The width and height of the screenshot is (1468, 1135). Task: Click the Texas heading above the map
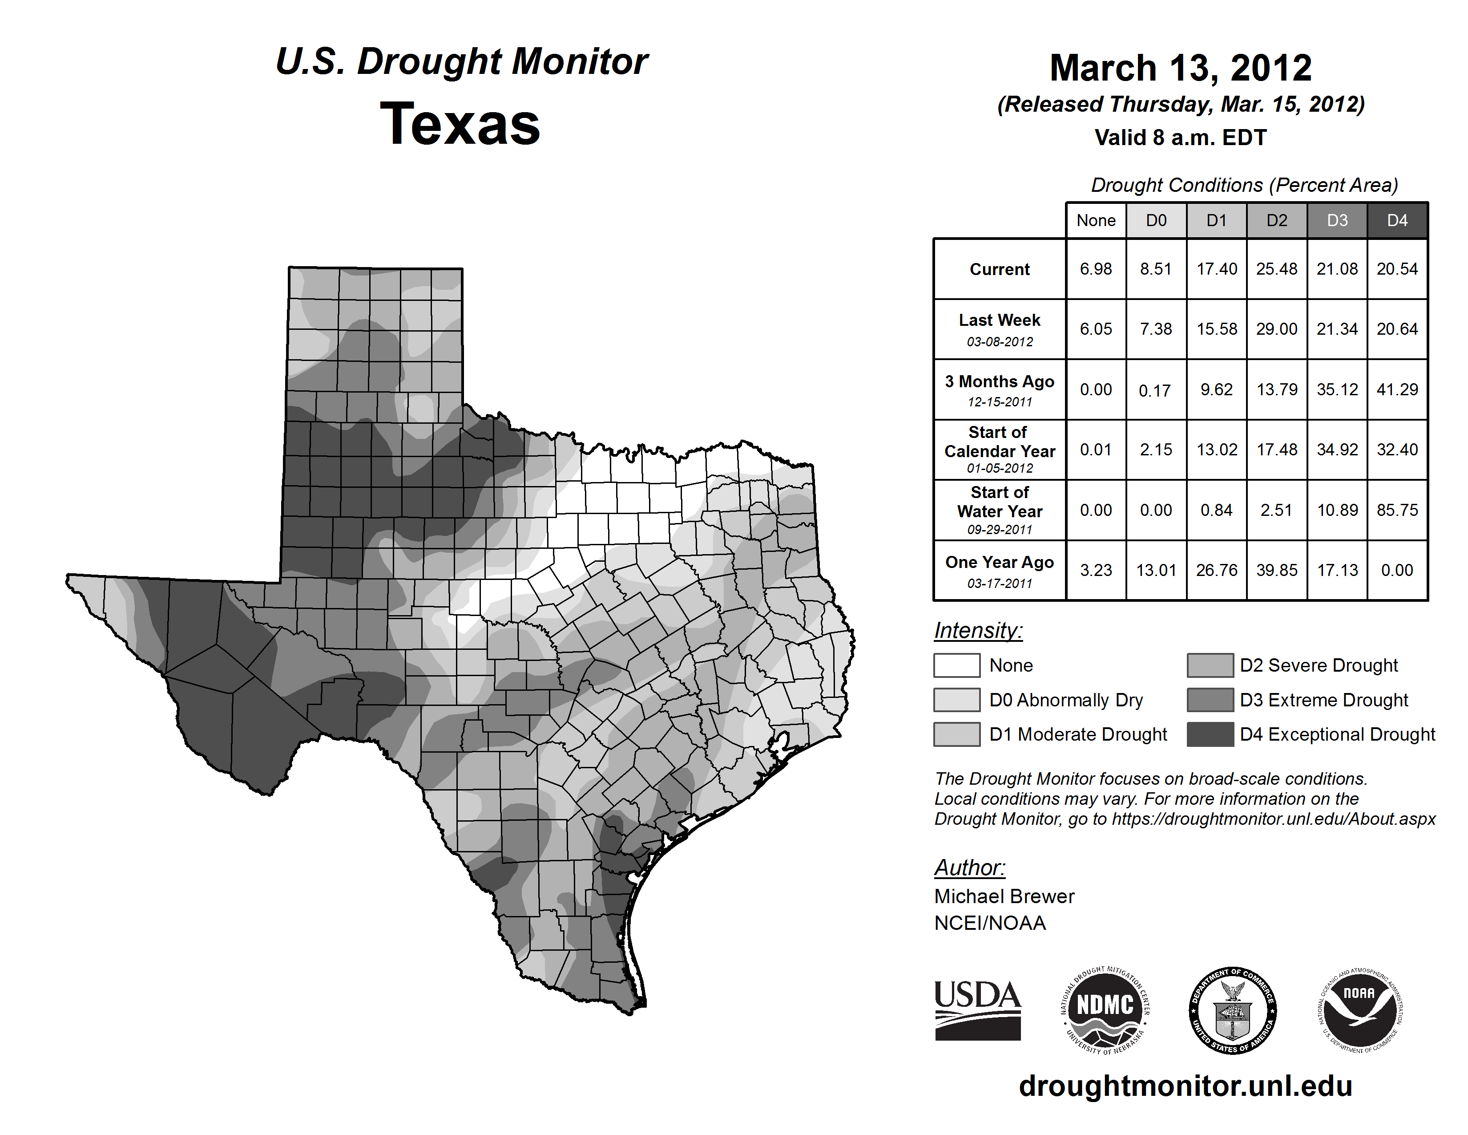pyautogui.click(x=460, y=124)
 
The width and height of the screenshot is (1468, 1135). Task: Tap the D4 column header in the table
pyautogui.click(x=1397, y=220)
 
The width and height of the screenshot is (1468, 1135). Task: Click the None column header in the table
pyautogui.click(x=1096, y=220)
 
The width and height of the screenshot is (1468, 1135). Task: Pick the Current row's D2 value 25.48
pyautogui.click(x=1276, y=269)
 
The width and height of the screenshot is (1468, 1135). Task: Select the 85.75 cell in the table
pyautogui.click(x=1397, y=511)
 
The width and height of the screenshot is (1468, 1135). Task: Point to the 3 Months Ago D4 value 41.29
pyautogui.click(x=1397, y=389)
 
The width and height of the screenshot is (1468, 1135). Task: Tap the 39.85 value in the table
pyautogui.click(x=1276, y=570)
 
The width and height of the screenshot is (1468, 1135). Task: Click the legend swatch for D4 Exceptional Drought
pyautogui.click(x=1210, y=734)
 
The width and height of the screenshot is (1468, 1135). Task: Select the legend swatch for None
pyautogui.click(x=956, y=665)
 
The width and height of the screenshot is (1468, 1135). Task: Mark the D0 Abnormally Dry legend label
pyautogui.click(x=1066, y=700)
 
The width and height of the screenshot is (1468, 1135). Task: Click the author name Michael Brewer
pyautogui.click(x=1004, y=896)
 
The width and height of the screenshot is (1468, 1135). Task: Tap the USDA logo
pyautogui.click(x=977, y=1010)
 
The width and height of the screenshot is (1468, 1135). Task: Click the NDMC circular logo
pyautogui.click(x=1105, y=1010)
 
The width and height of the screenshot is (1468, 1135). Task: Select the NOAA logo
pyautogui.click(x=1359, y=1010)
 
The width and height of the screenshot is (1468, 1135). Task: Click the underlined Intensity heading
pyautogui.click(x=978, y=631)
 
